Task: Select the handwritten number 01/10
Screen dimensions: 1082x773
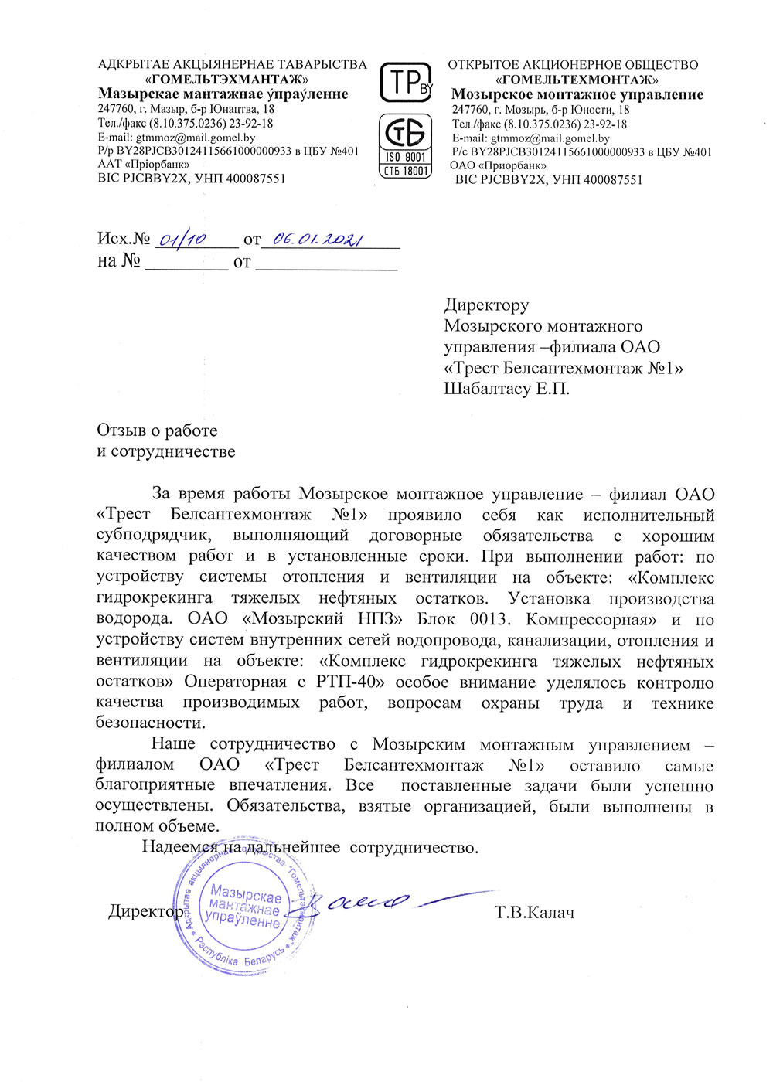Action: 182,240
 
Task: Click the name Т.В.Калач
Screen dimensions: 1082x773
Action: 534,913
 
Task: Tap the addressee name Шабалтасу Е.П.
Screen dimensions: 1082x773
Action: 506,389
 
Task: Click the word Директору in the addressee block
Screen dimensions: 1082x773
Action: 486,305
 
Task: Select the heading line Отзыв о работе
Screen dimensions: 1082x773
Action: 157,430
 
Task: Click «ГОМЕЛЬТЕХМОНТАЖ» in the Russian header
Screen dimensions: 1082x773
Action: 577,80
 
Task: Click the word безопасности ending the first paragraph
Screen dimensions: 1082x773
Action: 151,723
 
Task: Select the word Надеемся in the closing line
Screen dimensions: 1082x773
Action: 179,847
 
